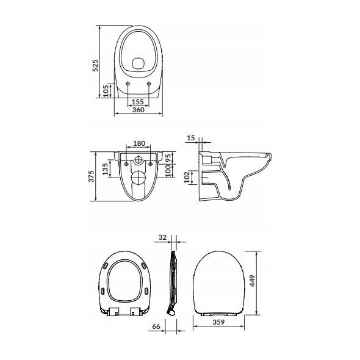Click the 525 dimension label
coord(95,65)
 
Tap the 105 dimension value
coord(106,91)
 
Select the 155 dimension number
coord(138,102)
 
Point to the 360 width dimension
coord(139,110)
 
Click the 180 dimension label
coord(139,143)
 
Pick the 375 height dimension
coord(92,176)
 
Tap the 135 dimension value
coord(105,169)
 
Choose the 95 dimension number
coord(168,158)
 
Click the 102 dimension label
coord(187,177)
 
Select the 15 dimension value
coord(191,138)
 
